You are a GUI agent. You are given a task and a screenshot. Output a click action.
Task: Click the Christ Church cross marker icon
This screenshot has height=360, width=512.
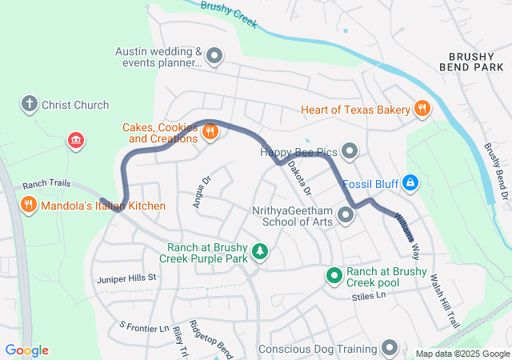(30, 104)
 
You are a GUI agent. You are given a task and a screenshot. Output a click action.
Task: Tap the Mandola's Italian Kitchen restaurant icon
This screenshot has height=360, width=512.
(29, 206)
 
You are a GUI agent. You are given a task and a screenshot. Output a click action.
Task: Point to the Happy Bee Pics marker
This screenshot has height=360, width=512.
(350, 150)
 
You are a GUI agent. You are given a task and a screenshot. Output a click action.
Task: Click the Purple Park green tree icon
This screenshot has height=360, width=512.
(259, 253)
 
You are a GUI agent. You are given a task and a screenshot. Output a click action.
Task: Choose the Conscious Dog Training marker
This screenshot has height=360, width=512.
(390, 348)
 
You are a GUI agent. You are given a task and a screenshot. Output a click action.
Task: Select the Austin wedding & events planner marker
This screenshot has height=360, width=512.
(214, 56)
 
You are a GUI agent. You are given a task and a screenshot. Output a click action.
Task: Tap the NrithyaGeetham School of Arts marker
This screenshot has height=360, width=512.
(346, 214)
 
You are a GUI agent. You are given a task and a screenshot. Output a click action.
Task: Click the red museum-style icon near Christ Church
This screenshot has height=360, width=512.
(76, 141)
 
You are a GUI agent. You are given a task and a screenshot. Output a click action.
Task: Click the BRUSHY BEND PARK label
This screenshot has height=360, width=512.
(476, 63)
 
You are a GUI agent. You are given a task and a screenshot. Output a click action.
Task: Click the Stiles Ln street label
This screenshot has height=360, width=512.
(369, 296)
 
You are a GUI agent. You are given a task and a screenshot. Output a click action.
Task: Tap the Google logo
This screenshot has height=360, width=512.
(27, 350)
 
